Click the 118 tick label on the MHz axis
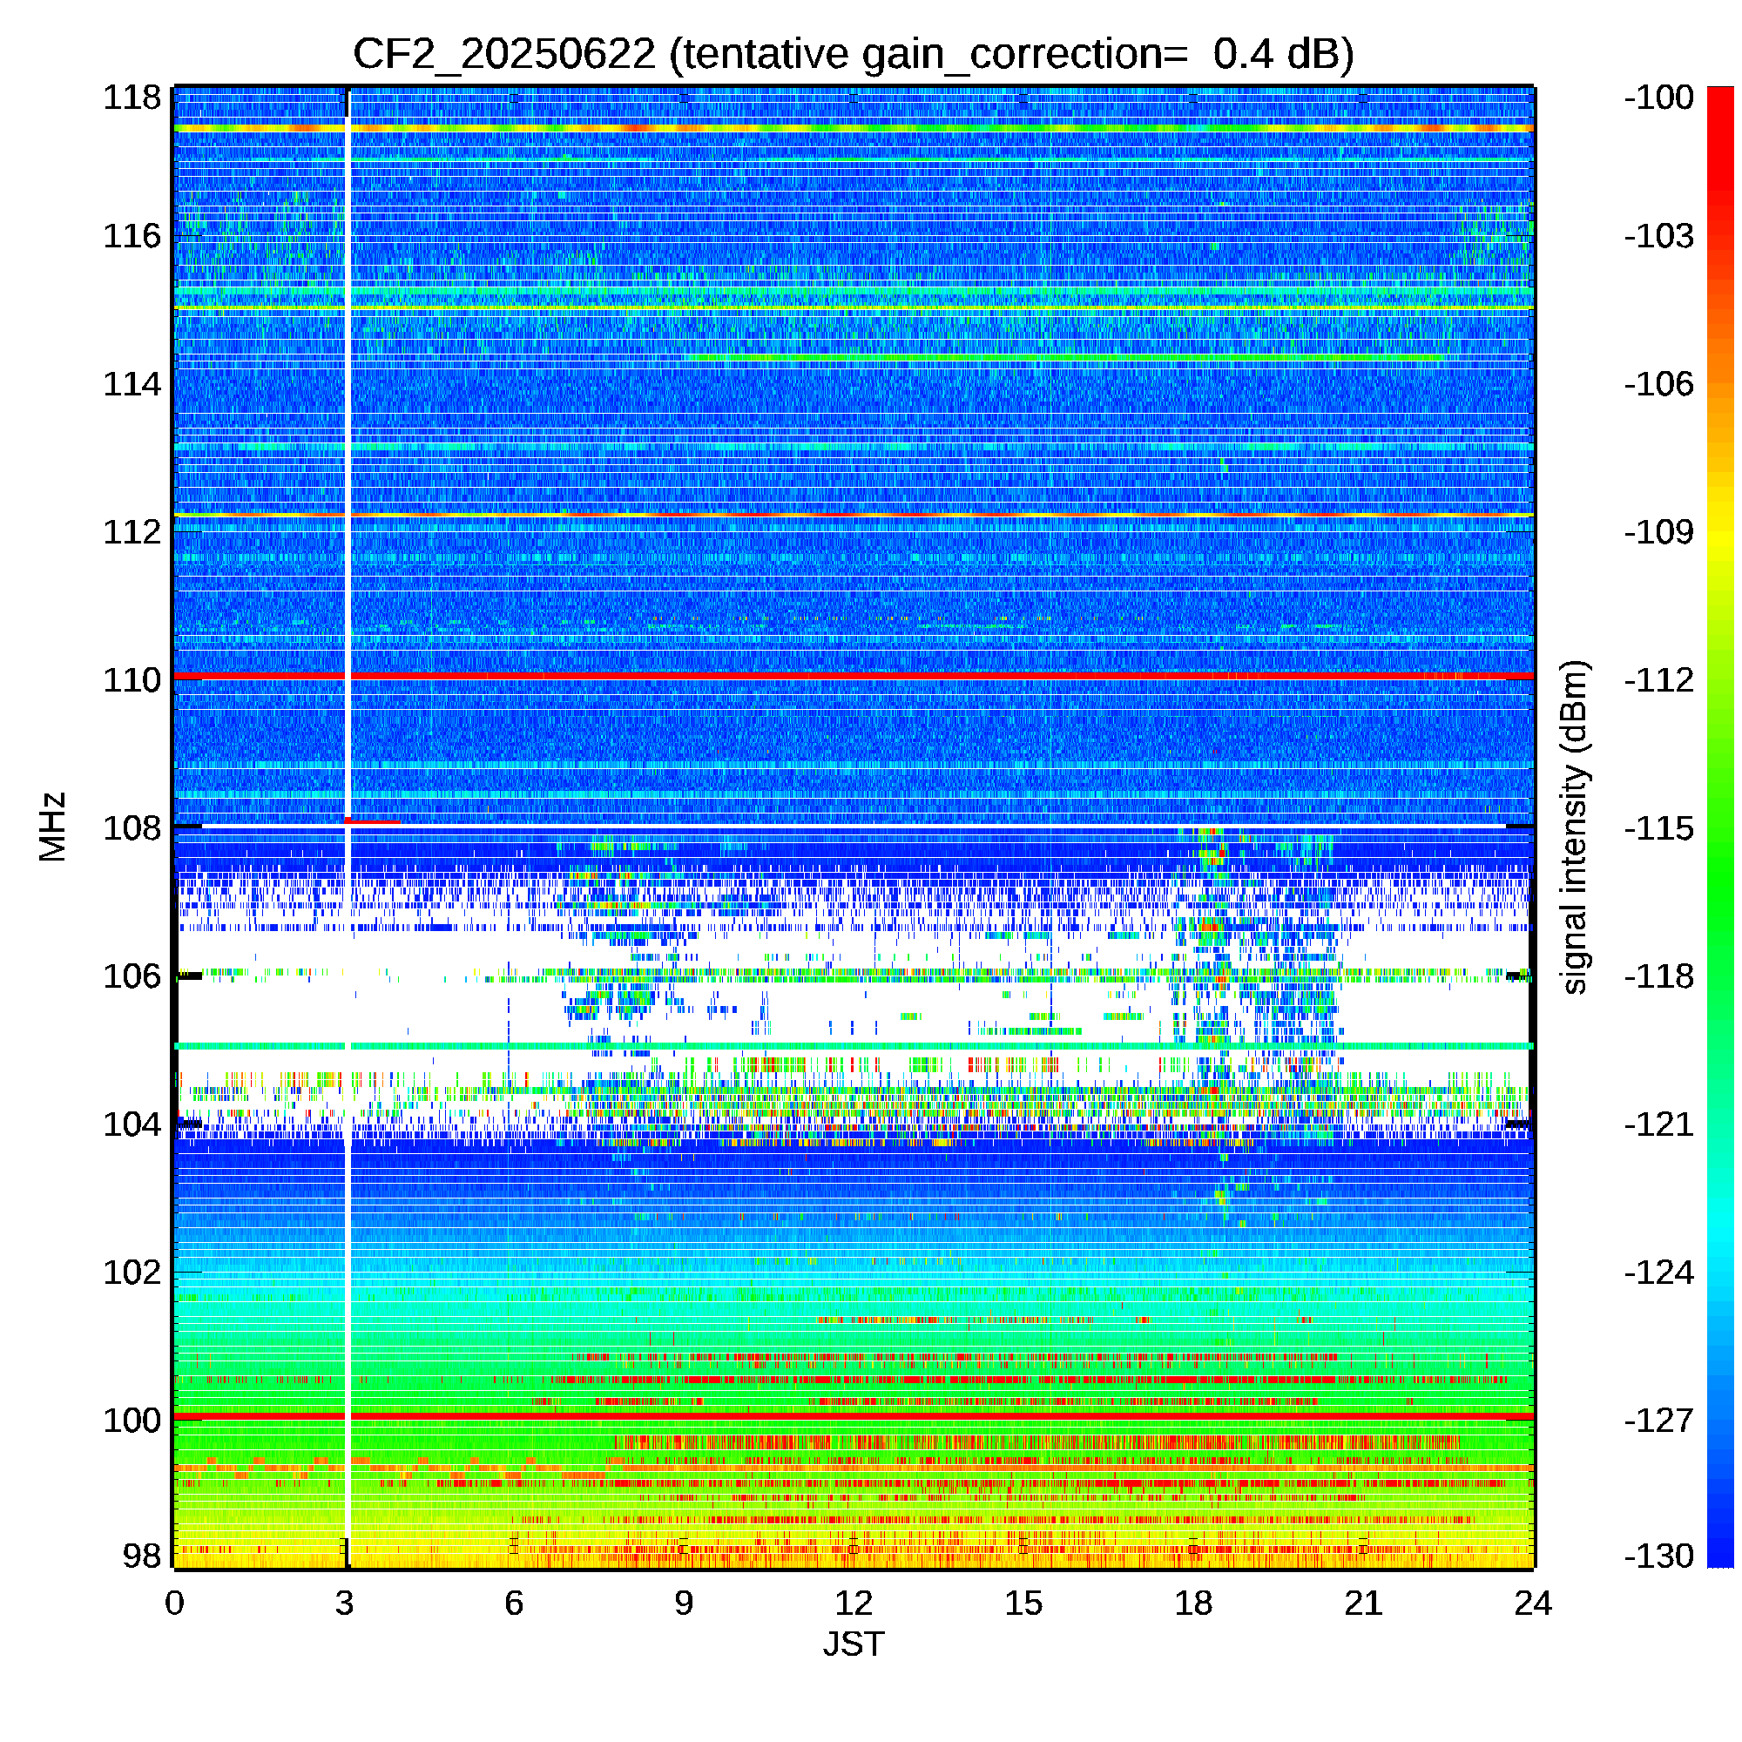(x=132, y=98)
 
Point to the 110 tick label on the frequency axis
(x=132, y=680)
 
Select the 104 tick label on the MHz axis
(x=132, y=1124)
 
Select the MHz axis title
(x=53, y=827)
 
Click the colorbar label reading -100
(x=1659, y=98)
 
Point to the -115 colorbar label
(x=1659, y=827)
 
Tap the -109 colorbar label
(x=1659, y=532)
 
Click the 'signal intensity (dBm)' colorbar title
(x=1574, y=827)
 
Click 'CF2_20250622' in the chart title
(x=504, y=54)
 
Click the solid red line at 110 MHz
(x=853, y=675)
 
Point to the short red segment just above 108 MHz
(x=373, y=820)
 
